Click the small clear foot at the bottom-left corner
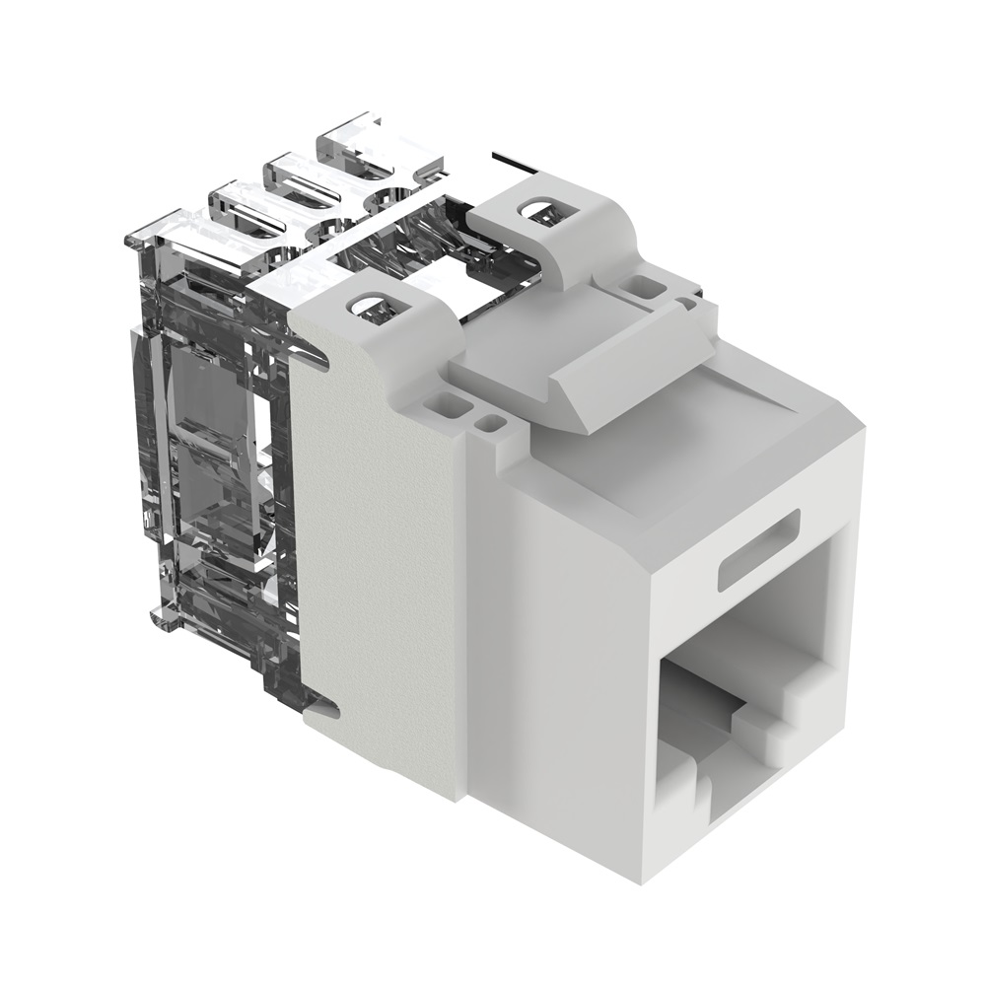(163, 616)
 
